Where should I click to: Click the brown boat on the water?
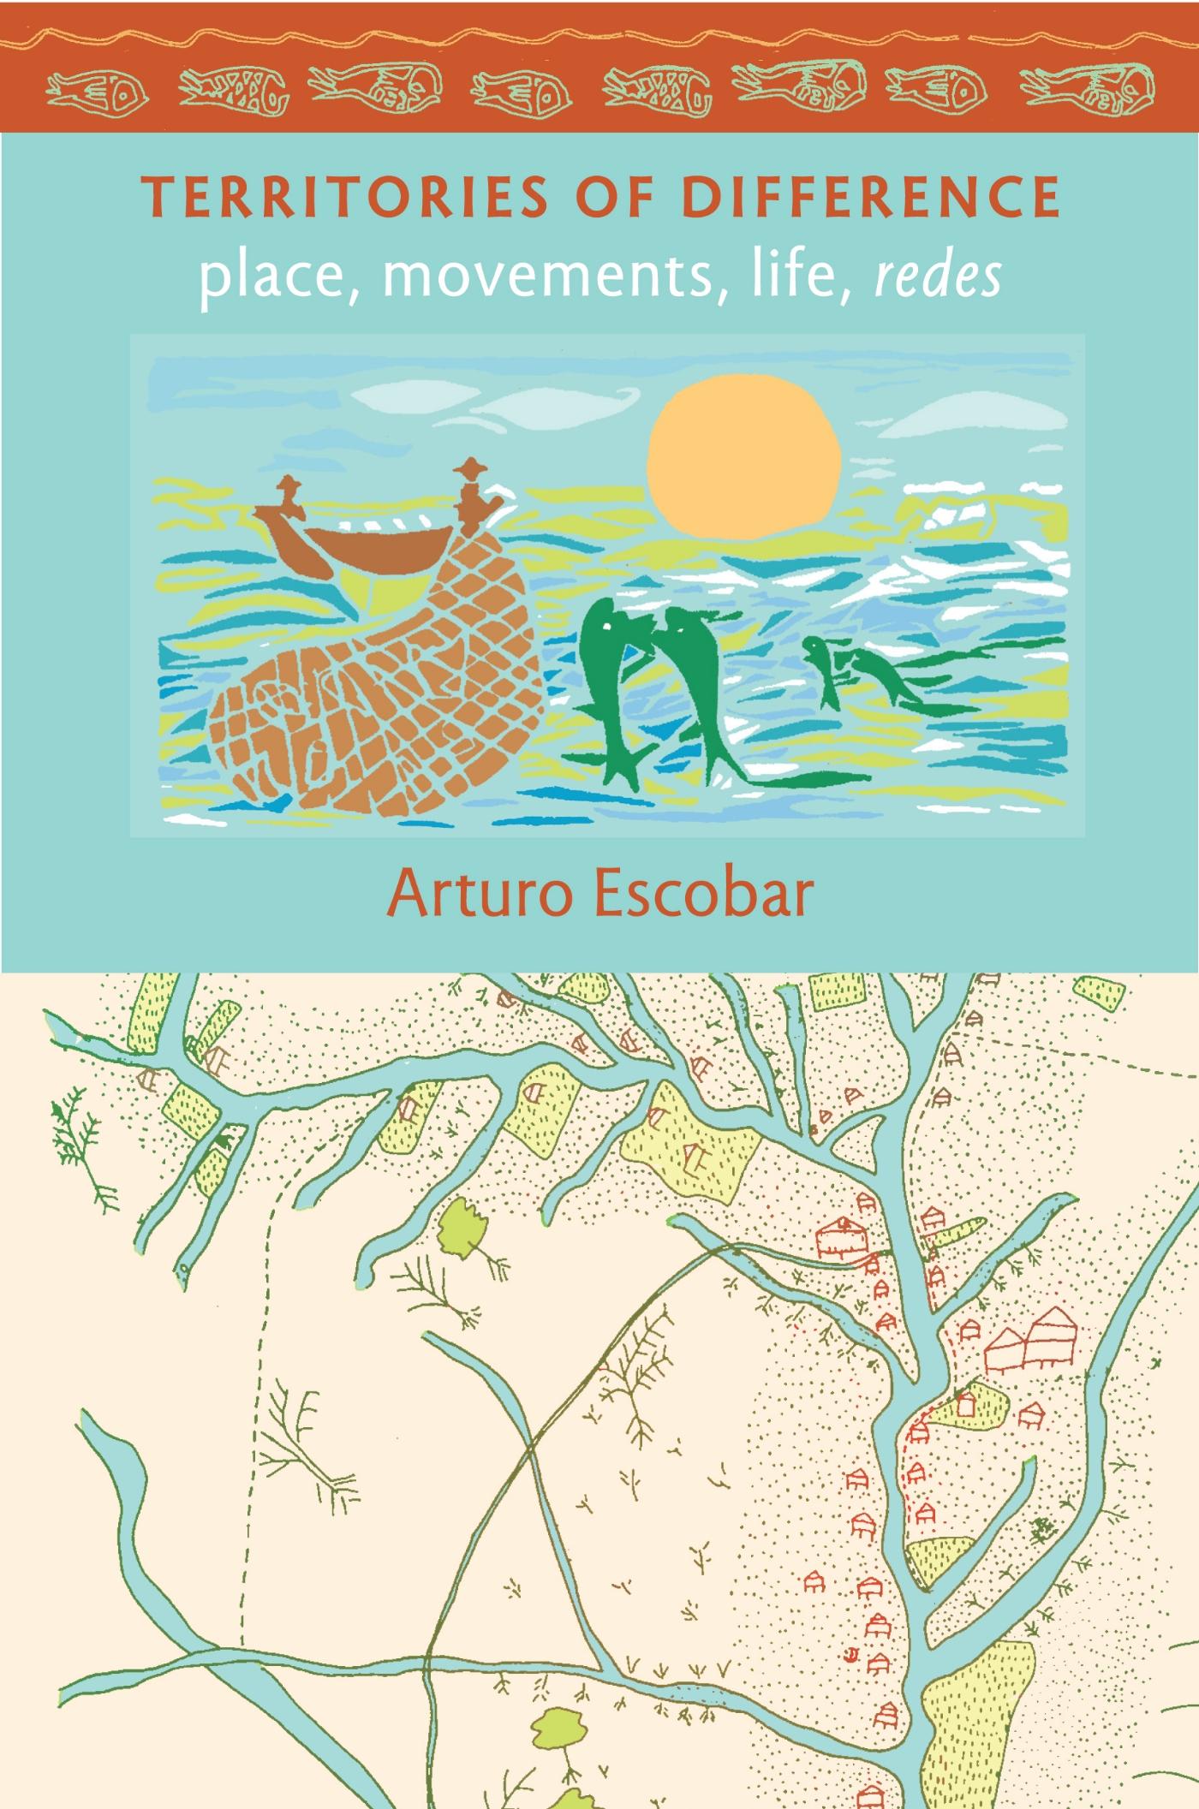tap(377, 548)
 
